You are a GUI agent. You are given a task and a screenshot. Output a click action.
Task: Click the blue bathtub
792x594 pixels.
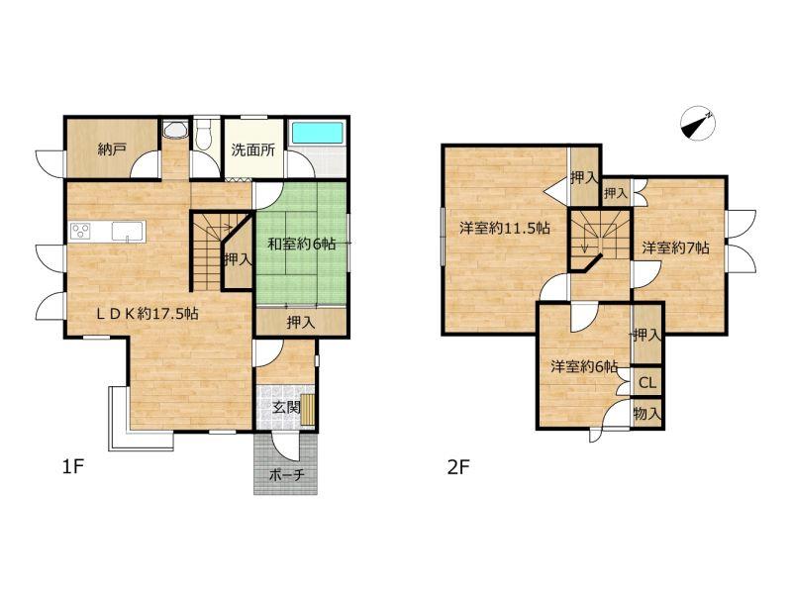point(317,134)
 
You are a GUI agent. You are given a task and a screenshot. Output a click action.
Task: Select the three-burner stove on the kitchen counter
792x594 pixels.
point(81,232)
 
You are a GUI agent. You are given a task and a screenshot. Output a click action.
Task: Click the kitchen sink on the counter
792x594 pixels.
point(128,232)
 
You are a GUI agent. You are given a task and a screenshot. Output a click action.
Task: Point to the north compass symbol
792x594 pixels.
point(697,123)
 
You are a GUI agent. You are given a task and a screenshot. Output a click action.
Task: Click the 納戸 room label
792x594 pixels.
point(112,149)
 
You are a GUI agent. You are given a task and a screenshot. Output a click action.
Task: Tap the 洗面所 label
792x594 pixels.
point(253,149)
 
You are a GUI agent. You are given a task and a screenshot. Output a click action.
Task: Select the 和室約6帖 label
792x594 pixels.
point(301,244)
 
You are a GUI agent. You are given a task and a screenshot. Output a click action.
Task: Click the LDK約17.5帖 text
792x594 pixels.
point(147,314)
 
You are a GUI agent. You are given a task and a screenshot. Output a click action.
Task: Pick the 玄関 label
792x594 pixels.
point(286,407)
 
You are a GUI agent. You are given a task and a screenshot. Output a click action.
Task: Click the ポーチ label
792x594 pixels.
point(286,475)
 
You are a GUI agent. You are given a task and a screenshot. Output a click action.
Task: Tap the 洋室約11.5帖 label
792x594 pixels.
point(504,228)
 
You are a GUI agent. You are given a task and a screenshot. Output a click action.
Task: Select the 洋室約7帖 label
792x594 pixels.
point(675,247)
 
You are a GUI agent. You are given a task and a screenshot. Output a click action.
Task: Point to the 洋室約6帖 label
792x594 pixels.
point(584,366)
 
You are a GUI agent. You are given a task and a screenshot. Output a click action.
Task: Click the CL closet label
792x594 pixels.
point(647,382)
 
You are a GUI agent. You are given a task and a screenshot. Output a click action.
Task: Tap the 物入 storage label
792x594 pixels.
point(647,414)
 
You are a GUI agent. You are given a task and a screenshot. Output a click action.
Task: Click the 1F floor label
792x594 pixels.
point(72,466)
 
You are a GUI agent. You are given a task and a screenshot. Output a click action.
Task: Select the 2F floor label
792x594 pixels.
point(458,467)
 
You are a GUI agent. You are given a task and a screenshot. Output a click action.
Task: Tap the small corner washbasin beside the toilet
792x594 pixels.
point(175,130)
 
